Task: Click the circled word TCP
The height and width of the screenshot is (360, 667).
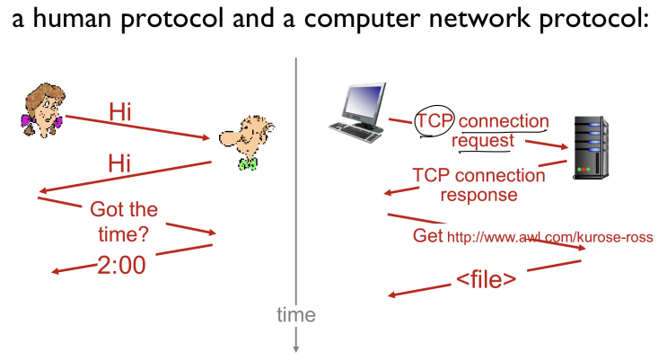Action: pyautogui.click(x=434, y=121)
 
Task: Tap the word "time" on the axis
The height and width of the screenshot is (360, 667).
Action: pyautogui.click(x=296, y=315)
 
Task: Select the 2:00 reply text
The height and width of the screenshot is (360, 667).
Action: pyautogui.click(x=122, y=265)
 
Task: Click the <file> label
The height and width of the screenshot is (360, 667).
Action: pyautogui.click(x=487, y=279)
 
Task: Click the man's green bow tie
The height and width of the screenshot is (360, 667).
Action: pyautogui.click(x=248, y=163)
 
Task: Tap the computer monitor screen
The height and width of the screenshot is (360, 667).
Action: pyautogui.click(x=363, y=101)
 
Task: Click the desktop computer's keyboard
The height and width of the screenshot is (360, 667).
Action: pyautogui.click(x=356, y=132)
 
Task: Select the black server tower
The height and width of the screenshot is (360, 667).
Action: pyautogui.click(x=591, y=147)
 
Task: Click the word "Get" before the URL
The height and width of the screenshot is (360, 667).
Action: pyautogui.click(x=427, y=236)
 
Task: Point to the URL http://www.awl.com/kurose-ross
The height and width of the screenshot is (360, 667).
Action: pyautogui.click(x=550, y=237)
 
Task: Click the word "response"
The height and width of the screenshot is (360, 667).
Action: pyautogui.click(x=479, y=195)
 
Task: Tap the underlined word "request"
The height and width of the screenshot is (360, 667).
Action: pyautogui.click(x=483, y=140)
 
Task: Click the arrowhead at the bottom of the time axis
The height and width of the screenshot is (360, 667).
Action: pyautogui.click(x=296, y=349)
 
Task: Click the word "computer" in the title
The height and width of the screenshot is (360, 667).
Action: pyautogui.click(x=362, y=19)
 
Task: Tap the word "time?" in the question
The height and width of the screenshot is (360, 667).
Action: pyautogui.click(x=123, y=234)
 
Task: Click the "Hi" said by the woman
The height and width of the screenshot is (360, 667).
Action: pyautogui.click(x=120, y=112)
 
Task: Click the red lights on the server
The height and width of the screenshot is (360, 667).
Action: pyautogui.click(x=584, y=170)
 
